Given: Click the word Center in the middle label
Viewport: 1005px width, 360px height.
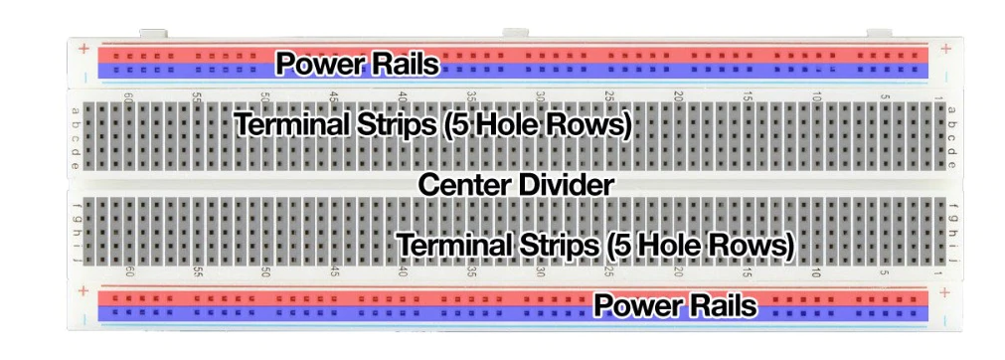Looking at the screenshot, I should coord(461,184).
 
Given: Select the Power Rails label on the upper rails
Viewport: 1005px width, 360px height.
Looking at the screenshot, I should coord(357,64).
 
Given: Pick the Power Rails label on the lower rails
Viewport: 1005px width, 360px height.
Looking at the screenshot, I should coord(675,305).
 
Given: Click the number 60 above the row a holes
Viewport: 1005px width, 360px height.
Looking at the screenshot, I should coord(128,97).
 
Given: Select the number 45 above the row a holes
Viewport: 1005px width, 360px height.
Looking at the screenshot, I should coord(334,97).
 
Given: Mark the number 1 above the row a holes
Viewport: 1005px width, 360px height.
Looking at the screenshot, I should coord(938,97).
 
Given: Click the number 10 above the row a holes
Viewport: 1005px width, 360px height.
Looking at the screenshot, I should coord(815,97).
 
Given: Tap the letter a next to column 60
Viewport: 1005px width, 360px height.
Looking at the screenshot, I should coord(77,109).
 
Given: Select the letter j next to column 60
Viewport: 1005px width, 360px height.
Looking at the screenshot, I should coord(77,260).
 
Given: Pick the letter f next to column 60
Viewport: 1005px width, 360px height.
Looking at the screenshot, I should coord(77,206).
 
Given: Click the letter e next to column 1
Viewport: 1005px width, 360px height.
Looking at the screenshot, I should coord(951,163).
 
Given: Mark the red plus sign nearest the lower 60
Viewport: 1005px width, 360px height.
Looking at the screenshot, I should coord(84,291).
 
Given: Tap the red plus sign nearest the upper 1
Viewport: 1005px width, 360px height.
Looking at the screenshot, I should coord(944,48).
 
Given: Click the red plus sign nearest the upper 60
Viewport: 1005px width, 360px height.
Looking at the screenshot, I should coord(84,48).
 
